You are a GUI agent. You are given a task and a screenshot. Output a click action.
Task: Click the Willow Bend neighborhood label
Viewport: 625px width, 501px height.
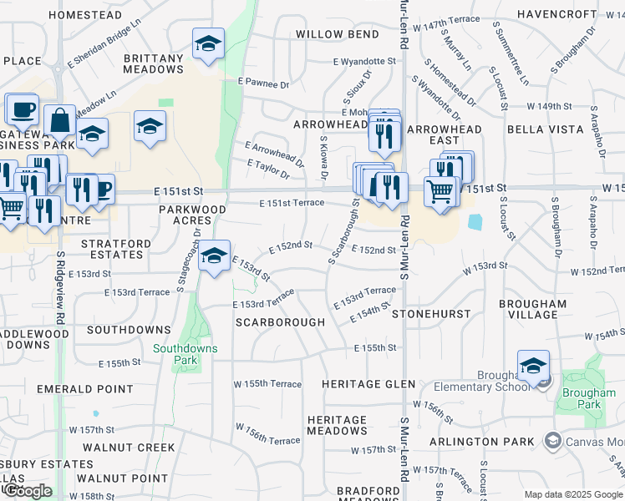[337, 34]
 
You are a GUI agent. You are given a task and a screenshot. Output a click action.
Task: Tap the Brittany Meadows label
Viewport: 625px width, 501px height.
[153, 63]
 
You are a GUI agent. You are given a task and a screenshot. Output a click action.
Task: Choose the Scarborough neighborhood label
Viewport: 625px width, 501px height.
[280, 321]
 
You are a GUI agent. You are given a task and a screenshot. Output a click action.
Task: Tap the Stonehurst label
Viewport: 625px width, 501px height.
[431, 313]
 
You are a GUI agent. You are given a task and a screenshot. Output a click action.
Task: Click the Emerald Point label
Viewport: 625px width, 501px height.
[84, 389]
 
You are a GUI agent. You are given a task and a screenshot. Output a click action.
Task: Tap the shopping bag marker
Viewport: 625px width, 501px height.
[61, 122]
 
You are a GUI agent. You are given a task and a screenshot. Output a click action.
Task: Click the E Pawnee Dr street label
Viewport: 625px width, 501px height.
[262, 83]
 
